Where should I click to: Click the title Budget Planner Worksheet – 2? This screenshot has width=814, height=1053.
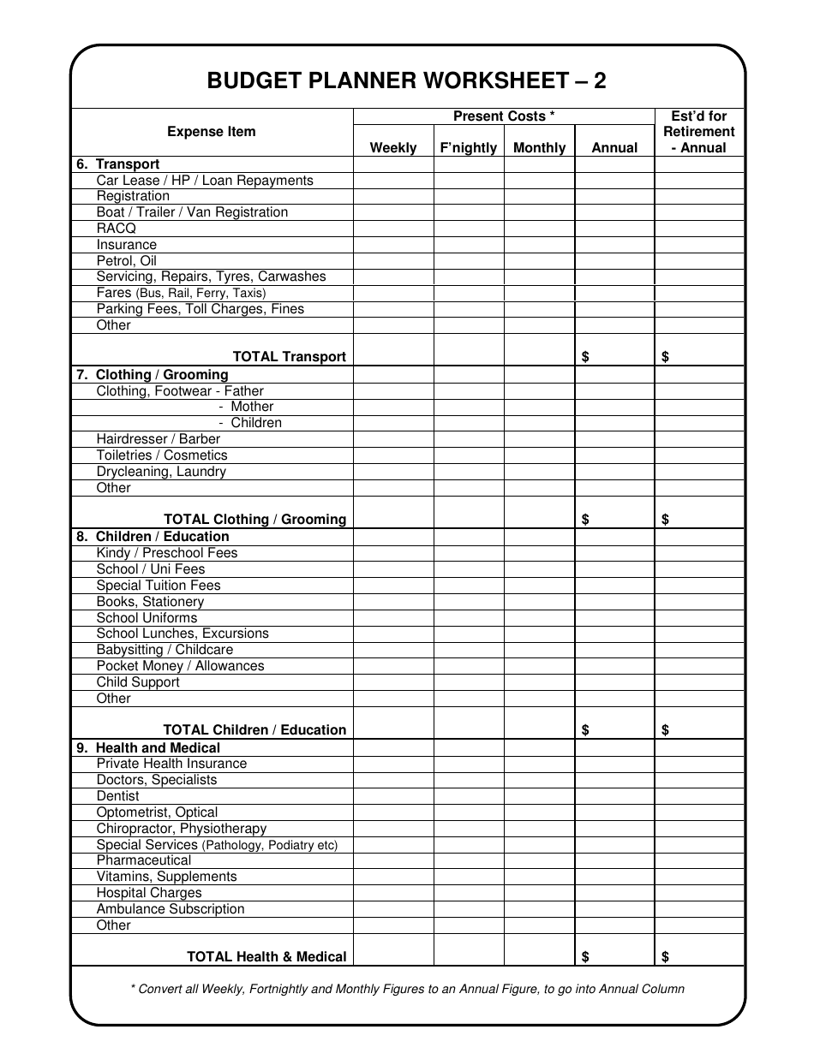(x=406, y=80)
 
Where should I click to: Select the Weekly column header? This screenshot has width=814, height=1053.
(x=393, y=147)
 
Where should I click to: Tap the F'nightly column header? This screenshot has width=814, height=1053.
(x=468, y=147)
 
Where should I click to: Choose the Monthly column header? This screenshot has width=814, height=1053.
(x=539, y=147)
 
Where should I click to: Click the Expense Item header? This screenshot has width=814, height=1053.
(x=212, y=132)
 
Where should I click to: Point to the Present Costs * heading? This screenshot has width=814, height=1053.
(x=504, y=116)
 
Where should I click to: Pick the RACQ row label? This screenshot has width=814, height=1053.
(x=117, y=229)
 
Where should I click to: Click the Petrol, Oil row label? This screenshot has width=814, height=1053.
(x=126, y=261)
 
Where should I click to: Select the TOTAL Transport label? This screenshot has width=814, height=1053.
(x=290, y=357)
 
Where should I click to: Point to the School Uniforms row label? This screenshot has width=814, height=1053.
(x=147, y=618)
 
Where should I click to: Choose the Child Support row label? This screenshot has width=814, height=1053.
(x=138, y=682)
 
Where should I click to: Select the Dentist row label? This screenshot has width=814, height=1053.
(x=117, y=796)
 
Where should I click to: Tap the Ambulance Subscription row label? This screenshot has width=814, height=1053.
(x=171, y=909)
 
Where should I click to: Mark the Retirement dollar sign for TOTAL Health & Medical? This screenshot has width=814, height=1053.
(x=666, y=957)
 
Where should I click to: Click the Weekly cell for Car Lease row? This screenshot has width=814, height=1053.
(x=393, y=181)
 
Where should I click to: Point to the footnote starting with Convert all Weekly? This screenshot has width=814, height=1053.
(x=407, y=989)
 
